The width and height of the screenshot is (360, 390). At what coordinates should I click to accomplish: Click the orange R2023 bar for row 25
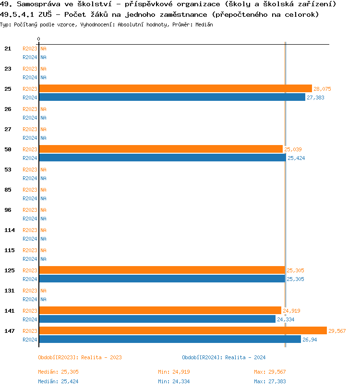(175, 88)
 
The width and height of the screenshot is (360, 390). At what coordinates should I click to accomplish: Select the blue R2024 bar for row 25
(172, 97)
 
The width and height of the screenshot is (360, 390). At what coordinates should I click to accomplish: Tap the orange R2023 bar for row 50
(161, 149)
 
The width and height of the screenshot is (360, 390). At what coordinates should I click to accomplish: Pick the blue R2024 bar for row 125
(162, 279)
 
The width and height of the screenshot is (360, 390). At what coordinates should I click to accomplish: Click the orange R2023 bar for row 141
(160, 310)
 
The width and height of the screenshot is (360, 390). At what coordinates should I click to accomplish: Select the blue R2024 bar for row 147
(169, 339)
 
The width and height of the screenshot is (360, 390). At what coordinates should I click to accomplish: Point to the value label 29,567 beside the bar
(337, 331)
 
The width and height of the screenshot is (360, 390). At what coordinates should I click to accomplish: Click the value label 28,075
(322, 89)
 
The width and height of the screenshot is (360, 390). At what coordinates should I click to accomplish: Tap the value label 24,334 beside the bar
(287, 319)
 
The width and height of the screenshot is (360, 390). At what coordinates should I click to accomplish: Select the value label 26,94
(310, 340)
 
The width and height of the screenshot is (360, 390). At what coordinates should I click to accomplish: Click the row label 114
(9, 230)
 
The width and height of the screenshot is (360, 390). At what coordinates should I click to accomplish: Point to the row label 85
(8, 190)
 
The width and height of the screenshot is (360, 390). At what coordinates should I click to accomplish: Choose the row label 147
(9, 331)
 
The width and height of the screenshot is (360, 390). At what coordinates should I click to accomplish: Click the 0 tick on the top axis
(39, 39)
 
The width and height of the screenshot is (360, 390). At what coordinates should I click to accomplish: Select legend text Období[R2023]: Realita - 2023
(80, 357)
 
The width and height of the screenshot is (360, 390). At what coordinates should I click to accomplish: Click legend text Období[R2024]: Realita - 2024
(224, 357)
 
